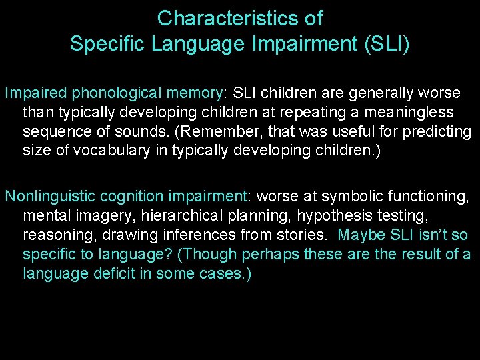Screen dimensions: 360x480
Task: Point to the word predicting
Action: pyautogui.click(x=437, y=131)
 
